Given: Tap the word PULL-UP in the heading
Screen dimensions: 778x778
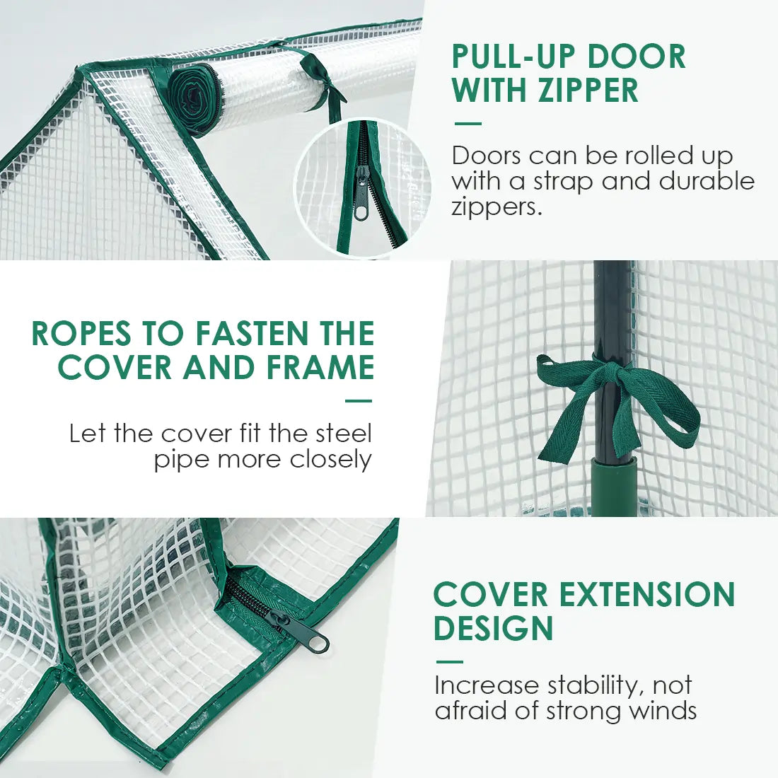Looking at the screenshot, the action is click(506, 57).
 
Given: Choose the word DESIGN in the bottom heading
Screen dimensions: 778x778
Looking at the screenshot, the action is click(493, 628).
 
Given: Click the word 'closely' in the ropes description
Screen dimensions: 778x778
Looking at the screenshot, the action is click(331, 460).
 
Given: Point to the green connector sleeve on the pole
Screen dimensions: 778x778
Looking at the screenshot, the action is click(614, 487).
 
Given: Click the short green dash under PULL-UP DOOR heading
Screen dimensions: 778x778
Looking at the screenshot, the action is click(468, 124).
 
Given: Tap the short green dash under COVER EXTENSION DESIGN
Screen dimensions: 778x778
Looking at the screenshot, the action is click(450, 662).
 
